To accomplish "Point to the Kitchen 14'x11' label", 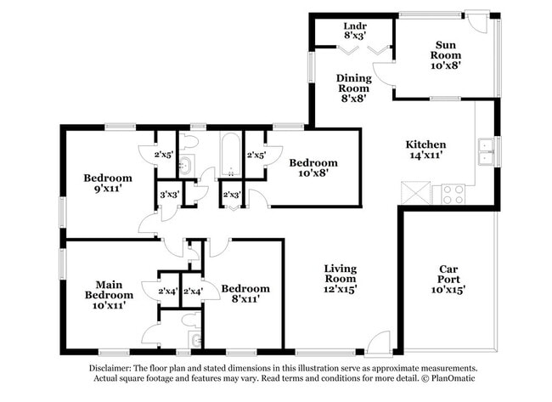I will [x=425, y=150].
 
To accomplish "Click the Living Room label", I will [x=340, y=279].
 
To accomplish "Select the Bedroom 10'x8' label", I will [x=313, y=167].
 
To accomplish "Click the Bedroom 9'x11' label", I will [x=108, y=184].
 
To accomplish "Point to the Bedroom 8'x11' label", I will [x=245, y=293].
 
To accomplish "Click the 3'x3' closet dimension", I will [x=168, y=195].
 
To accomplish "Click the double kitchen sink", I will [x=486, y=151].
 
